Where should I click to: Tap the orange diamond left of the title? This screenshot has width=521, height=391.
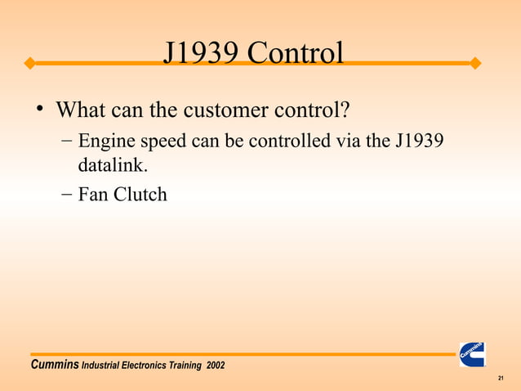pyautogui.click(x=29, y=63)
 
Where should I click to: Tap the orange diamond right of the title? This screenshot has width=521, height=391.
pyautogui.click(x=476, y=63)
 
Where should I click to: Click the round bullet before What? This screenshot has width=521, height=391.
pyautogui.click(x=38, y=109)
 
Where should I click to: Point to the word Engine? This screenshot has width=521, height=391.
pyautogui.click(x=104, y=142)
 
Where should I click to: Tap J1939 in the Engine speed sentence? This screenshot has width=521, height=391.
pyautogui.click(x=419, y=142)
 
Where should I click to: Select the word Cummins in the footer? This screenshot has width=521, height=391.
pyautogui.click(x=54, y=364)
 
